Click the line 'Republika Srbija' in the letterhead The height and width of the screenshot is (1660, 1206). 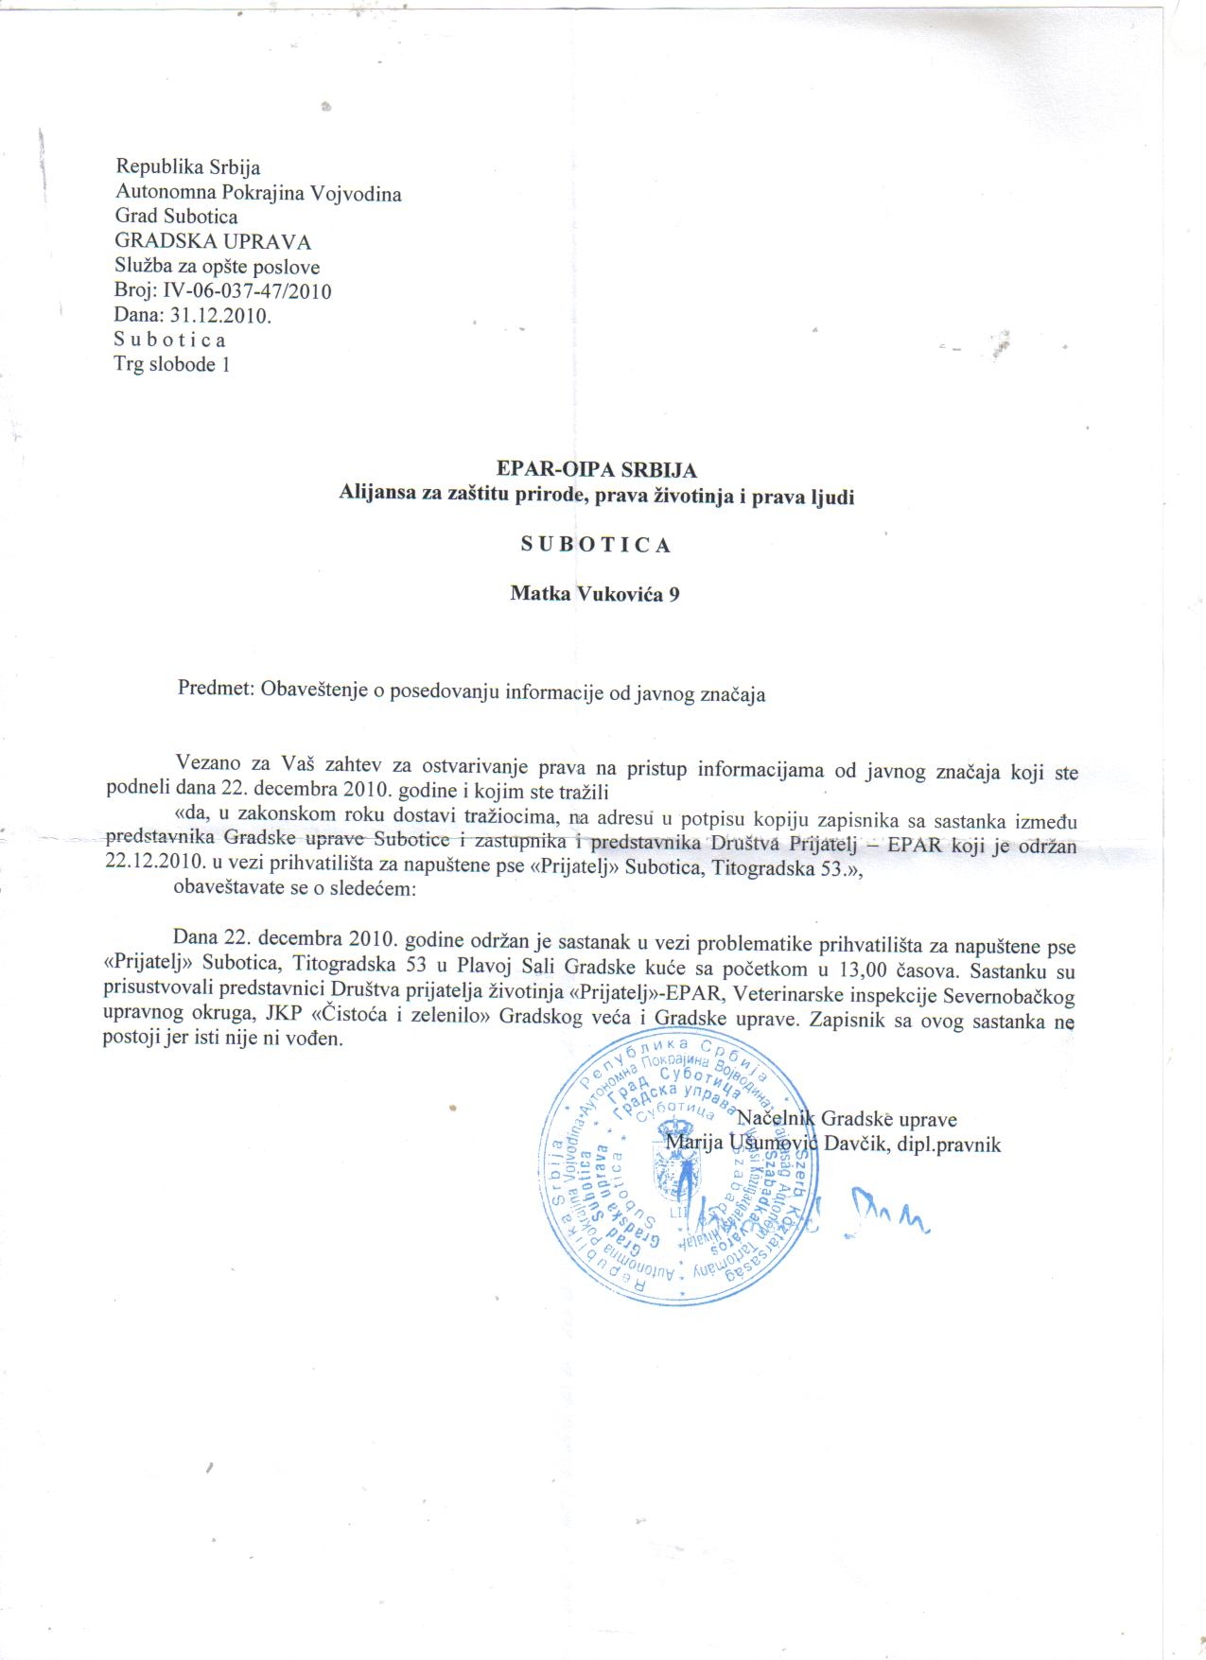click(187, 167)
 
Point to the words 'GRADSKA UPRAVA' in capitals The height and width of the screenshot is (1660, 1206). click(213, 242)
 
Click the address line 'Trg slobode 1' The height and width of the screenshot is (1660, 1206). click(171, 364)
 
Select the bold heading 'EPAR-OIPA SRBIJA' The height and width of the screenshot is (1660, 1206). click(596, 469)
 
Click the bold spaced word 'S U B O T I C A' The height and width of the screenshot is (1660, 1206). click(596, 545)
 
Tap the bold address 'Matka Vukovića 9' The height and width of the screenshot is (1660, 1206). click(594, 594)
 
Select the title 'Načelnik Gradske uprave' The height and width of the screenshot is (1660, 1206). click(847, 1119)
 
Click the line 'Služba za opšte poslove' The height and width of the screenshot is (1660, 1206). click(217, 267)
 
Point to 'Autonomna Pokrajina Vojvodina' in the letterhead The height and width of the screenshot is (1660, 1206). click(258, 194)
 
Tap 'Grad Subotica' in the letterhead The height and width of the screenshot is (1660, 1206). click(176, 218)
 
